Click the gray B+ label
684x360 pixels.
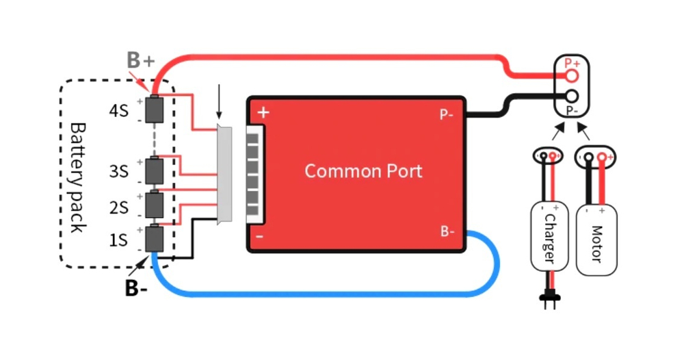[x=140, y=60]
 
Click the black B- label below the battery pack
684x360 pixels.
[x=135, y=288]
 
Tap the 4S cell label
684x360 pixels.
[x=118, y=110]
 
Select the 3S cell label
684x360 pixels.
[x=118, y=171]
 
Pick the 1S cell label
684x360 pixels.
[x=118, y=240]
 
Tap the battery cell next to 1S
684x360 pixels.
[x=157, y=238]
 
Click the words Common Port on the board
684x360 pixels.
[x=363, y=170]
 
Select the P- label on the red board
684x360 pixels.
[x=447, y=114]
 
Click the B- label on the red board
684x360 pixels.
[x=447, y=231]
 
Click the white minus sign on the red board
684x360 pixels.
[x=260, y=237]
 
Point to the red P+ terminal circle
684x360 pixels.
[x=573, y=73]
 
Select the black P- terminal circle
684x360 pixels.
[x=573, y=97]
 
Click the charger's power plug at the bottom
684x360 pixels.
[x=548, y=298]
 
